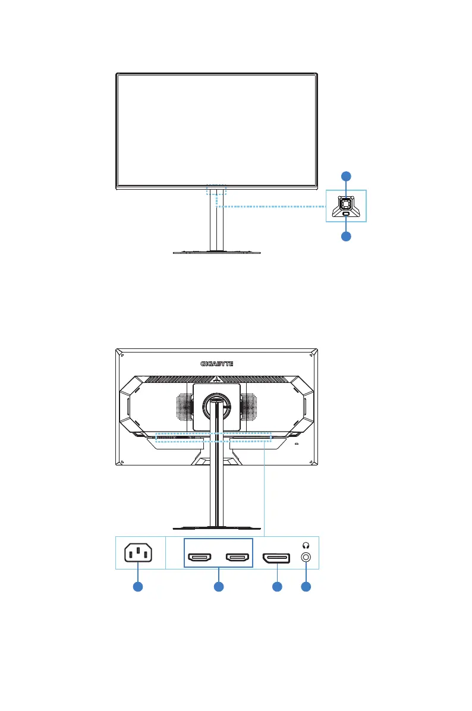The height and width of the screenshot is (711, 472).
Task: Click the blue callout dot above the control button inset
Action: (x=346, y=176)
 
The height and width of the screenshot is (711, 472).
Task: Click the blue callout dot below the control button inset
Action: (x=346, y=236)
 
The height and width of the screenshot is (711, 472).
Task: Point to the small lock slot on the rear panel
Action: (x=297, y=443)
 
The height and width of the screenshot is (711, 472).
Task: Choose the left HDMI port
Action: (x=200, y=558)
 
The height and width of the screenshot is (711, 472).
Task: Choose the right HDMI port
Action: (x=237, y=558)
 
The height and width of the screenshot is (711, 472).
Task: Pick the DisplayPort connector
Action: (x=276, y=558)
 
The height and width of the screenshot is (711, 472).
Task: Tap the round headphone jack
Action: (x=306, y=558)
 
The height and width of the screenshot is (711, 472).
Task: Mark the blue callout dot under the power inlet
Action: (x=138, y=587)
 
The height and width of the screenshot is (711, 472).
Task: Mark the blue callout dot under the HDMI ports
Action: (x=218, y=587)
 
